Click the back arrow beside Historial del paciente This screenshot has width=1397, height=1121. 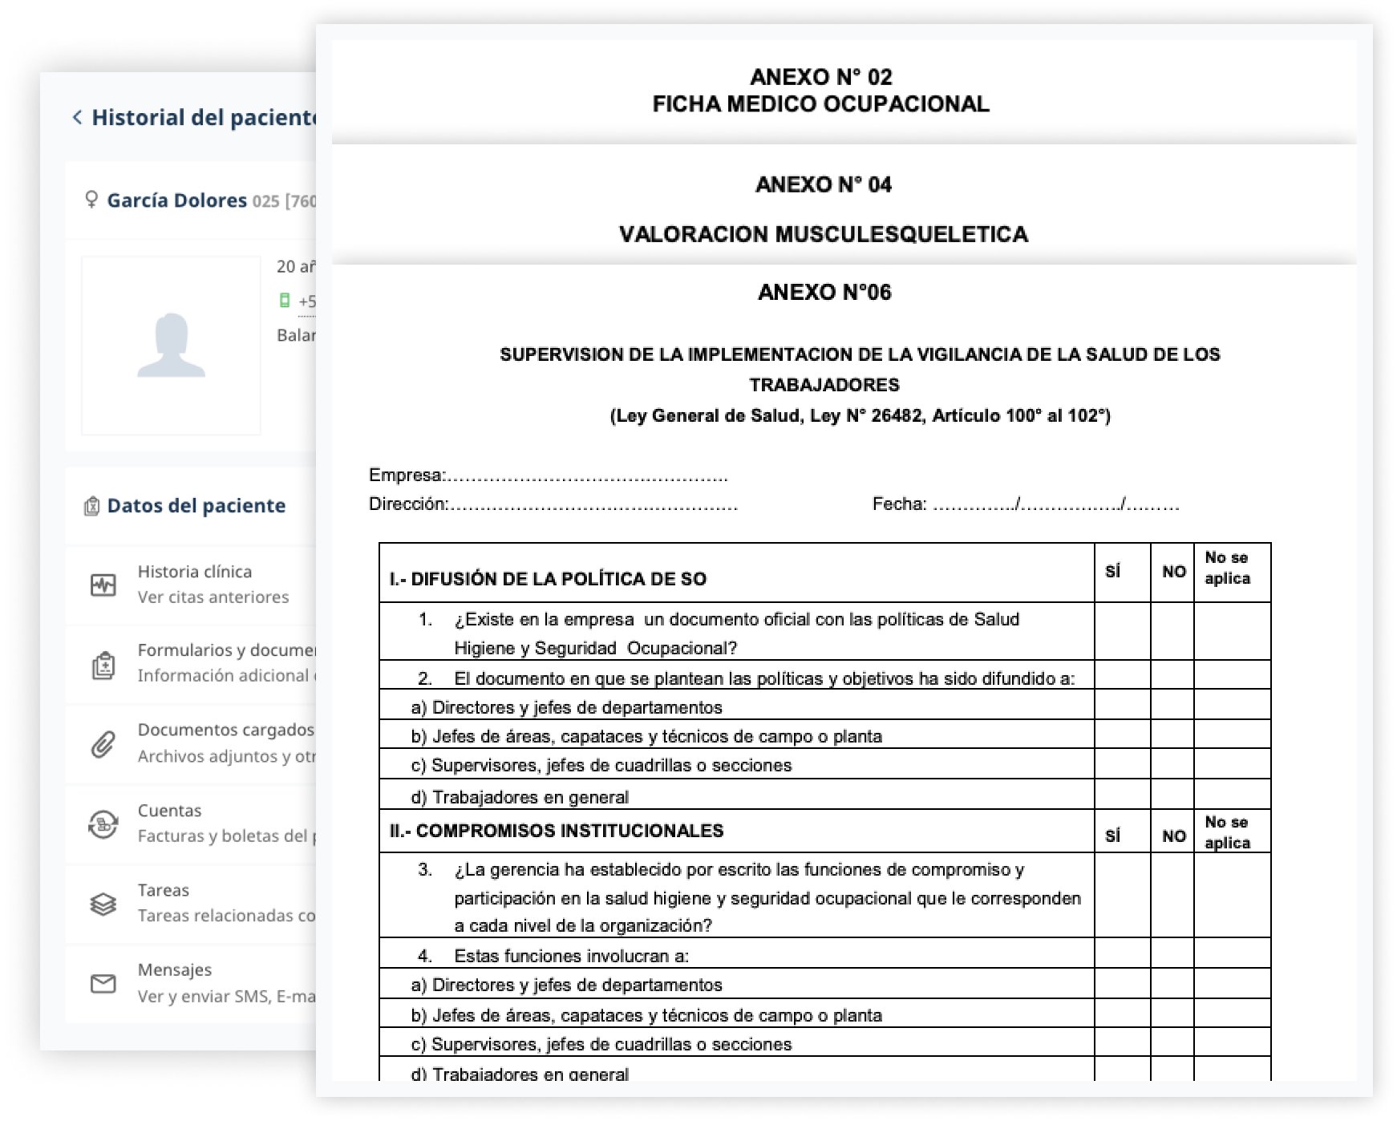pyautogui.click(x=77, y=118)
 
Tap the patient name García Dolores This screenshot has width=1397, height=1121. pyautogui.click(x=176, y=200)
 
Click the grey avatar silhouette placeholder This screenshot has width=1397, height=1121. pyautogui.click(x=171, y=346)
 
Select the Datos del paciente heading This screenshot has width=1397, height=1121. pyautogui.click(x=196, y=506)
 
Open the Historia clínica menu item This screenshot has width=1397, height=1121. pyautogui.click(x=195, y=572)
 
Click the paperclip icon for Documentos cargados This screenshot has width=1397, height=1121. pyautogui.click(x=103, y=744)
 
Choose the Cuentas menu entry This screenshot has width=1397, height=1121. pyautogui.click(x=169, y=811)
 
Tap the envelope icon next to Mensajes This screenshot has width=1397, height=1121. pyautogui.click(x=103, y=983)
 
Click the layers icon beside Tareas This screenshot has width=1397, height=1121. pyautogui.click(x=103, y=904)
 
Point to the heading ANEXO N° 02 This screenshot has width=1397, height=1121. pyautogui.click(x=820, y=77)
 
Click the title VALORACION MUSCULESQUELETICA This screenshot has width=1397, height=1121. pyautogui.click(x=823, y=234)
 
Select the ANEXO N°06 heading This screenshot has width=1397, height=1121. pyautogui.click(x=824, y=292)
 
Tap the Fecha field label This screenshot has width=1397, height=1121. pyautogui.click(x=899, y=504)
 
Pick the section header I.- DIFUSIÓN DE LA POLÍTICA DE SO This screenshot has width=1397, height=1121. pyautogui.click(x=548, y=579)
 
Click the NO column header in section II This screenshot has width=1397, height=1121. pyautogui.click(x=1173, y=836)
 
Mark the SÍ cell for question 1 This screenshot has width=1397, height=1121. pyautogui.click(x=1122, y=632)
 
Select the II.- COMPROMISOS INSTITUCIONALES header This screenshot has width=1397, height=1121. pyautogui.click(x=556, y=831)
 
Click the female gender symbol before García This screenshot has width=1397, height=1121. pyautogui.click(x=91, y=200)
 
